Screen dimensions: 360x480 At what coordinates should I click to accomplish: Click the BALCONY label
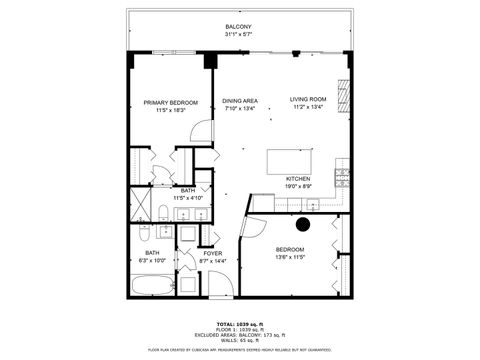coord(238,26)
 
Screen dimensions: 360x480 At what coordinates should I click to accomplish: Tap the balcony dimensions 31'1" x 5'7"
coord(238,34)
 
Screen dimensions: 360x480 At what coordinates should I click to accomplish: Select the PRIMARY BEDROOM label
coord(170,102)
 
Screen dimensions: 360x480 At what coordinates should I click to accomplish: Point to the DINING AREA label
coord(240,101)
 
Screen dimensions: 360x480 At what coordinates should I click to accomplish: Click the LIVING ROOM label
coord(309,100)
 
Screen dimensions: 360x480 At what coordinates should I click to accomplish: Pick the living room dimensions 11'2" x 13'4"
coord(309,108)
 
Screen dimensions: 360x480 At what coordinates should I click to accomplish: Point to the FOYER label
coord(213,253)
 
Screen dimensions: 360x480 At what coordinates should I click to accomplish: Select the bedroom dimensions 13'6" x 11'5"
coord(291,257)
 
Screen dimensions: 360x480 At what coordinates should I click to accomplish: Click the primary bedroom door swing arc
coord(202,133)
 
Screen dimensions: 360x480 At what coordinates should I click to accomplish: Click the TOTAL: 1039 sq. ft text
coord(239,324)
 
